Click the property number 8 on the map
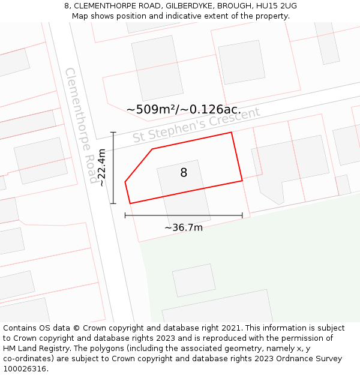(x=184, y=173)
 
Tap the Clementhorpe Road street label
(x=81, y=125)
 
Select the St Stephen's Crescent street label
(x=196, y=124)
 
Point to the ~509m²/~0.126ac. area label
(x=184, y=109)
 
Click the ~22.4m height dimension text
(x=102, y=167)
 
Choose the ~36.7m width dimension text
(x=184, y=227)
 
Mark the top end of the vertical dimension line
(x=113, y=133)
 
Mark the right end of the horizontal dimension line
(x=242, y=215)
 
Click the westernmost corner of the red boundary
(x=125, y=181)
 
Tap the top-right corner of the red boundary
(x=232, y=133)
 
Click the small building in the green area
(x=193, y=280)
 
